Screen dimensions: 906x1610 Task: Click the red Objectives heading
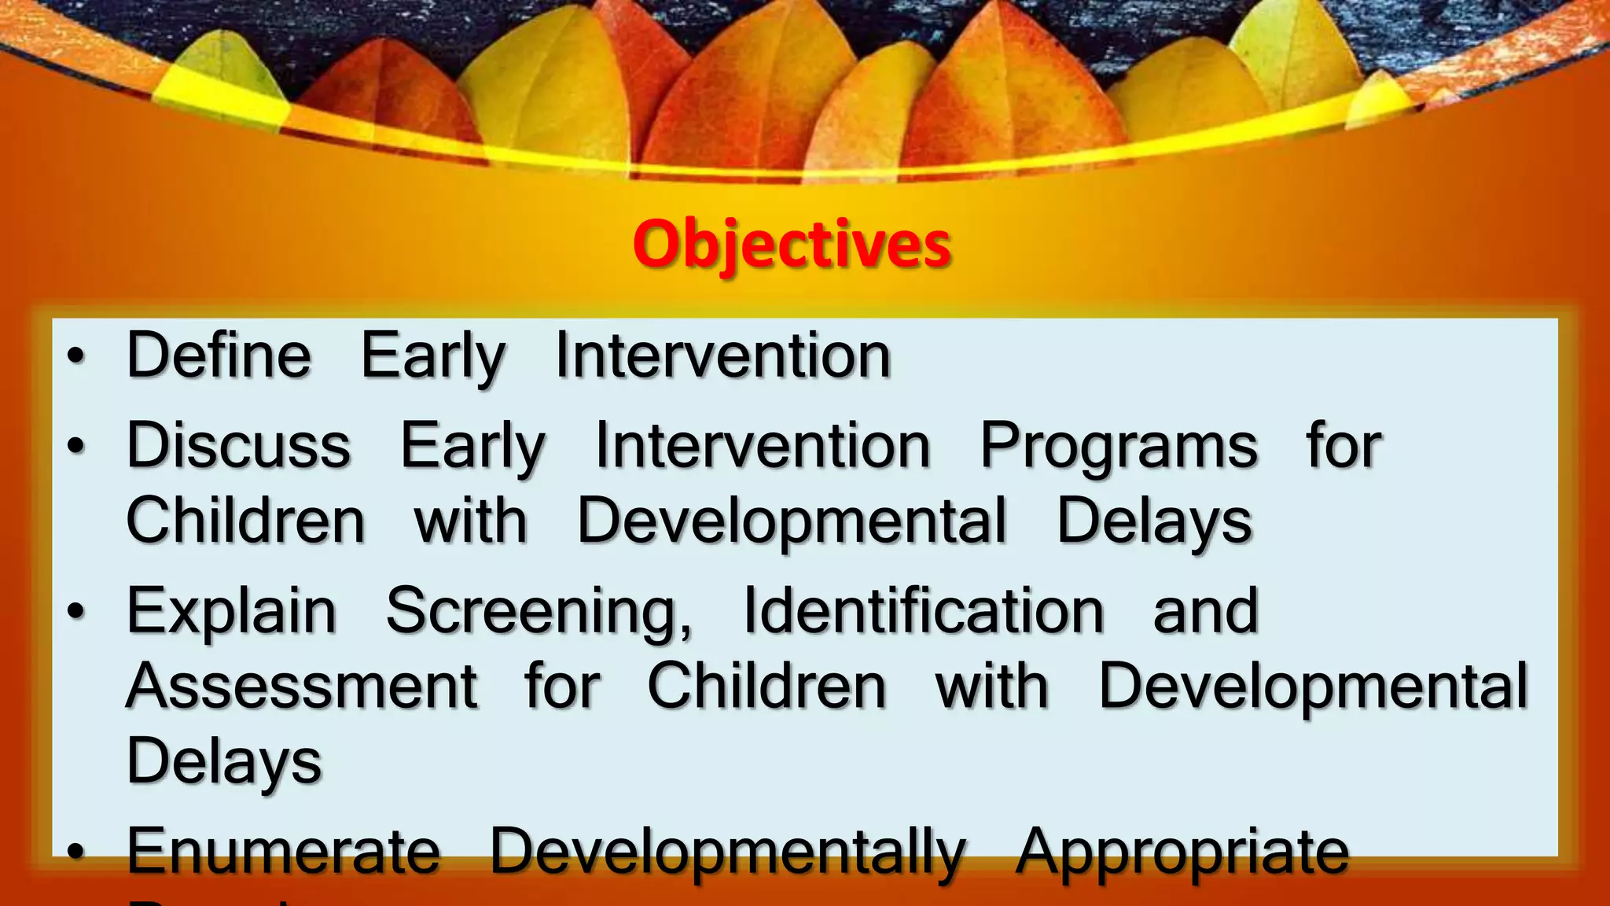(792, 244)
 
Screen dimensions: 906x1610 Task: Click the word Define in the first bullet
(219, 355)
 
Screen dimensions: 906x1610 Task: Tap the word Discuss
(238, 445)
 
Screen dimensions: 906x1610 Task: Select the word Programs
(1118, 447)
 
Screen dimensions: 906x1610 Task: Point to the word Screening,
(539, 611)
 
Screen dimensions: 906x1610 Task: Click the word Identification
(923, 611)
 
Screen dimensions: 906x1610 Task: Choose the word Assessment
(302, 686)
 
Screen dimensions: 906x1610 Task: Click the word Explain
(232, 611)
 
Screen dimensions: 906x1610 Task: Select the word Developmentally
(727, 853)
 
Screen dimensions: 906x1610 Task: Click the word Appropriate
(1182, 853)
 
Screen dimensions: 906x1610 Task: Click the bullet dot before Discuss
(75, 446)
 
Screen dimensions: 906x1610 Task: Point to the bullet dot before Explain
(75, 611)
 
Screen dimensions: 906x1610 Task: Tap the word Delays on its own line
(224, 761)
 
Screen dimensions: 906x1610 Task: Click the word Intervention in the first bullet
(722, 355)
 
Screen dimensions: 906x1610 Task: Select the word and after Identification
(1205, 611)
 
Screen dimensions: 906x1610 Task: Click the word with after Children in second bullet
(470, 521)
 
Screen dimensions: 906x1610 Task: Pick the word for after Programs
(1343, 445)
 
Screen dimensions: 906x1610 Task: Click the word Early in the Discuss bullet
(472, 447)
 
